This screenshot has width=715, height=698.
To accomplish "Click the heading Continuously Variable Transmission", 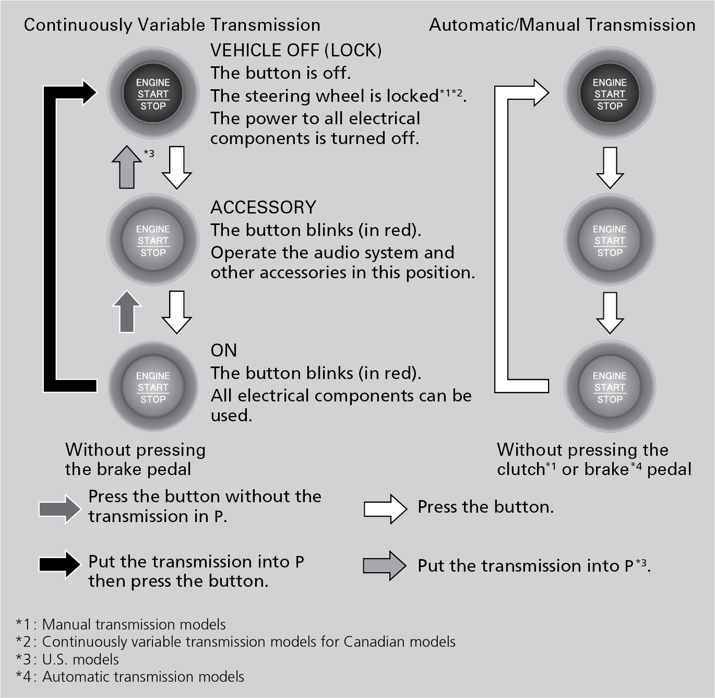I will coord(172,25).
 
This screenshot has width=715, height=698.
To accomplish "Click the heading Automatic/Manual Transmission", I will coord(562,25).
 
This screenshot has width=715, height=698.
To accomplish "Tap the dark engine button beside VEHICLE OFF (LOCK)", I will coord(153,94).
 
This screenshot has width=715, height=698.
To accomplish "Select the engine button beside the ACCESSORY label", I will coord(153,241).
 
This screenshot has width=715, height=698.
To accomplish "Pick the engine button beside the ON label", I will coord(153,387).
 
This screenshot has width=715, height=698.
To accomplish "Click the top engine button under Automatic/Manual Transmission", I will coord(610,94).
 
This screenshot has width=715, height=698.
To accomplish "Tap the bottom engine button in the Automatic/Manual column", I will coord(610,387).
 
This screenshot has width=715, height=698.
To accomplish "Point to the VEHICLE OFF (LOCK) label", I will coord(295,51).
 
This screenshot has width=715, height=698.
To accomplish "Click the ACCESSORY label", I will coord(263,207).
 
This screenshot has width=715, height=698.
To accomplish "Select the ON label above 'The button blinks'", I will coord(223,350).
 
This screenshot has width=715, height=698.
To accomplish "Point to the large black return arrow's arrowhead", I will coord(88,93).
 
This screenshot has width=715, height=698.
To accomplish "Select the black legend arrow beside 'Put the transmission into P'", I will coord(60,564).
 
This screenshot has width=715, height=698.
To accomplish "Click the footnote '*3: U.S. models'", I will coord(67,659).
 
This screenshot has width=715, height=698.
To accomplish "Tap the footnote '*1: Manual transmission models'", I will coord(121,624).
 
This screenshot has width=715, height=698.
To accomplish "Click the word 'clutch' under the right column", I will coord(521,469).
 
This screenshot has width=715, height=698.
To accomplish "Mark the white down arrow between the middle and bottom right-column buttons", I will coord(610,313).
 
